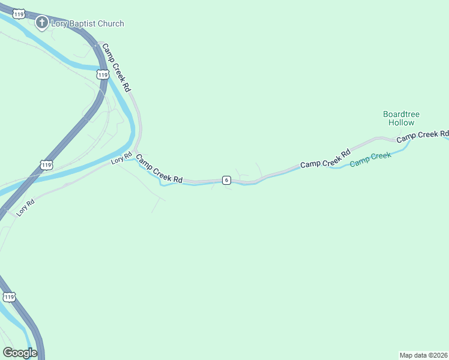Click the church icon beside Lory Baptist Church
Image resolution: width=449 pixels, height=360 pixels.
pyautogui.click(x=41, y=23)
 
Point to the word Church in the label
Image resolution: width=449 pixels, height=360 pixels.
pyautogui.click(x=112, y=23)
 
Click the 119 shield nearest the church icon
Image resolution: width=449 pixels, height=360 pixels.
pyautogui.click(x=20, y=13)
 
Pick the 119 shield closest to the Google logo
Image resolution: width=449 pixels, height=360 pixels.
pyautogui.click(x=9, y=296)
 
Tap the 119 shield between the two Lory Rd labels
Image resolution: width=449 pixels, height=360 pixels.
pyautogui.click(x=47, y=164)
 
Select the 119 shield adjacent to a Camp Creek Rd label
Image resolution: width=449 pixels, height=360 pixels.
pyautogui.click(x=103, y=74)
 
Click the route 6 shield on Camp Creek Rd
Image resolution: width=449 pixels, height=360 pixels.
pyautogui.click(x=226, y=179)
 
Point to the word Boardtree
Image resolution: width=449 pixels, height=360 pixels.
pyautogui.click(x=402, y=114)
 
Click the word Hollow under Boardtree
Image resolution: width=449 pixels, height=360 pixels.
pyautogui.click(x=402, y=122)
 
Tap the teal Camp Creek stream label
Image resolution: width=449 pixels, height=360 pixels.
pyautogui.click(x=370, y=159)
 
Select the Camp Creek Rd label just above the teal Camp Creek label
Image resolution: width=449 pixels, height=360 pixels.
pyautogui.click(x=325, y=158)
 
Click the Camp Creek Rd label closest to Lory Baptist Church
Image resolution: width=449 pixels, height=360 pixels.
pyautogui.click(x=116, y=67)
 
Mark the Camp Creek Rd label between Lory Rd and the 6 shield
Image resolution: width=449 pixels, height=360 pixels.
pyautogui.click(x=159, y=169)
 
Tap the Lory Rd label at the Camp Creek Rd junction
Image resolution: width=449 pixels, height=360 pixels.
pyautogui.click(x=121, y=159)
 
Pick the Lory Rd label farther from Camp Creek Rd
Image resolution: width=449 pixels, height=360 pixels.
pyautogui.click(x=26, y=208)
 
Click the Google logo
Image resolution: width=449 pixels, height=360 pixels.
pyautogui.click(x=20, y=353)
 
